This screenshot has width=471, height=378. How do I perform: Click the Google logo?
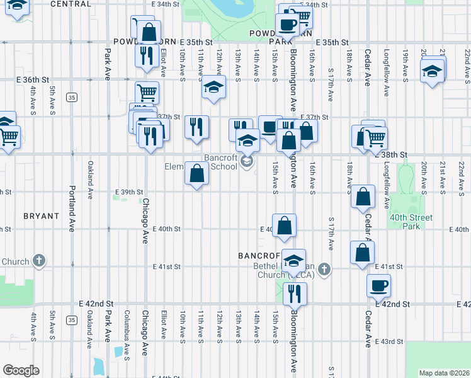21,370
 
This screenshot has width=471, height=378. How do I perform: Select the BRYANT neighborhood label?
41,215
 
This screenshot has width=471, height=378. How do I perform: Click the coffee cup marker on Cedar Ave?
379,285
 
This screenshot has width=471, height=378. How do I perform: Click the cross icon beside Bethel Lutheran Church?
324,270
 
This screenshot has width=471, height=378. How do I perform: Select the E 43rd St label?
389,341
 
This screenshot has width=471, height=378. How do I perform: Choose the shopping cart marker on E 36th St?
146,93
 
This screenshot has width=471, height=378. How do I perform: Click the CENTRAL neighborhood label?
70,4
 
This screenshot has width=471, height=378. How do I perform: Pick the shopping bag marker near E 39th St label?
197,174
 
